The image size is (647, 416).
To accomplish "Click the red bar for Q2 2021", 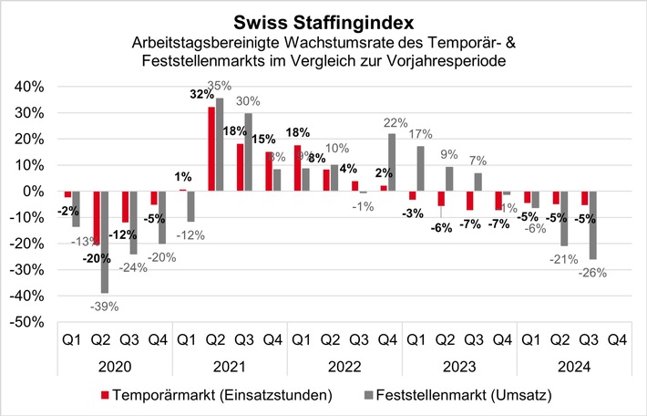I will point(211,150).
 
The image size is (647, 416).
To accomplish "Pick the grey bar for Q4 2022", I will point(392,162).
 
